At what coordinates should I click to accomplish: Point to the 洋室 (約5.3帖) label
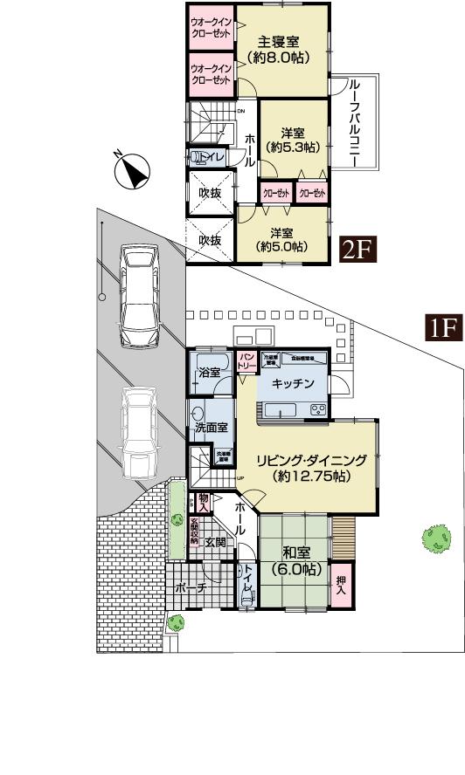point(292,141)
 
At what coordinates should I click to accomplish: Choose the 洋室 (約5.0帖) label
point(281,240)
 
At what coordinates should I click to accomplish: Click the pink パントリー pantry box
point(247,361)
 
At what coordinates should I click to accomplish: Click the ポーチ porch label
point(191,588)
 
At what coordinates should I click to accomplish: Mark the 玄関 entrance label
point(215,542)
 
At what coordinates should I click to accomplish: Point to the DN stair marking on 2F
point(241,111)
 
